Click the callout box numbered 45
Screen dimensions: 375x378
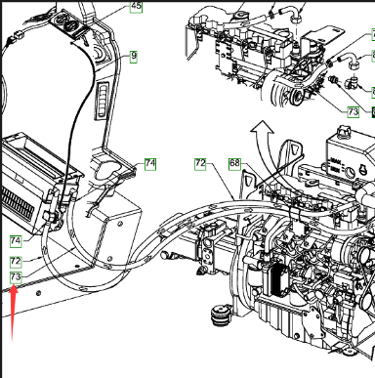click(x=136, y=7)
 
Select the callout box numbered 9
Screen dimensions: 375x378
click(x=134, y=57)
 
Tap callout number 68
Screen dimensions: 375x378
click(x=234, y=163)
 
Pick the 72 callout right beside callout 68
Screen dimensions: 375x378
click(x=200, y=164)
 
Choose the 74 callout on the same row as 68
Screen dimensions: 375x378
click(x=150, y=164)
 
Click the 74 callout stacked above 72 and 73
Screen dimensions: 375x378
click(x=16, y=241)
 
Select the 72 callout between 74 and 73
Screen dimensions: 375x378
click(x=16, y=262)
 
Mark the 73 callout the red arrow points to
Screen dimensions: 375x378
click(x=16, y=277)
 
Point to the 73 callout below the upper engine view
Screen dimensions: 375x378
click(x=353, y=112)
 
